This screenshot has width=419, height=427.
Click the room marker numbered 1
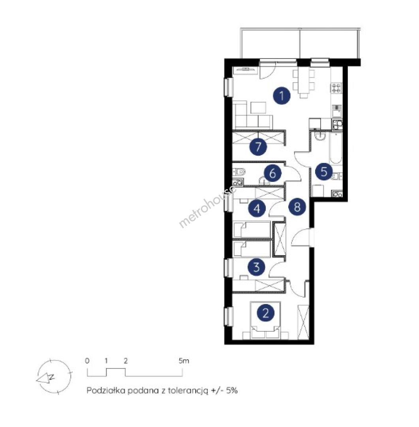pyautogui.click(x=282, y=96)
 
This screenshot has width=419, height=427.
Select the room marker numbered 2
pyautogui.click(x=265, y=313)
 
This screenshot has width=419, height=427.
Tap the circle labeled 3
pyautogui.click(x=256, y=267)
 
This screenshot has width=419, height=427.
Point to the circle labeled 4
pyautogui.click(x=257, y=209)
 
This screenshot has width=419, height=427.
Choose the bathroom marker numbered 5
pyautogui.click(x=324, y=172)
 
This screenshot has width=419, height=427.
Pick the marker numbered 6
pyautogui.click(x=272, y=173)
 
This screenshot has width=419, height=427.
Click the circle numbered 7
pyautogui.click(x=258, y=147)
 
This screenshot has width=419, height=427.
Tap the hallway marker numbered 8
pyautogui.click(x=297, y=206)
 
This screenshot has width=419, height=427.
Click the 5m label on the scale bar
pyautogui.click(x=184, y=361)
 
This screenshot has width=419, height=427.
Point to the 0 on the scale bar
pyautogui.click(x=87, y=361)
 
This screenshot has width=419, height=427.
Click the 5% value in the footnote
pyautogui.click(x=232, y=391)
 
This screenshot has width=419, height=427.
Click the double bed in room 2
pyautogui.click(x=265, y=320)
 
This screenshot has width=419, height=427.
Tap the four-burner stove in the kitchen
pyautogui.click(x=336, y=88)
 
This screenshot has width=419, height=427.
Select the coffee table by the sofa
pyautogui.click(x=258, y=108)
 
